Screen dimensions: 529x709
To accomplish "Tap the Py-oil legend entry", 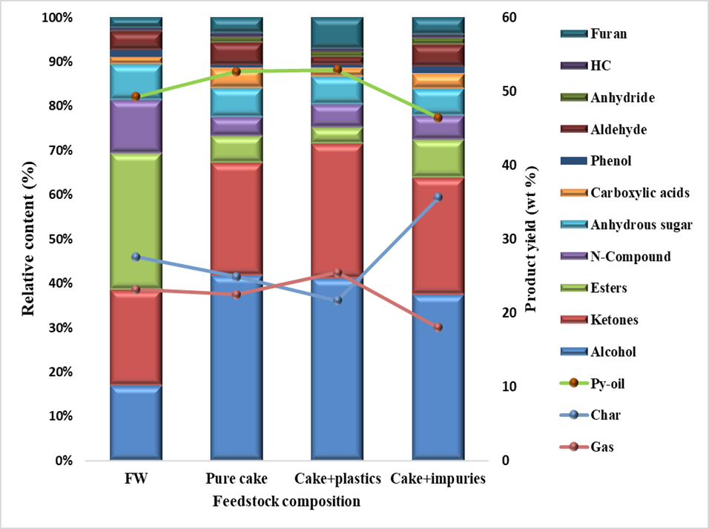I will tap(608, 384).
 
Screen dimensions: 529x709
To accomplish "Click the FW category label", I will tap(136, 479).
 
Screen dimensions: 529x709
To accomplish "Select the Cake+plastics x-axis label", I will tap(337, 479).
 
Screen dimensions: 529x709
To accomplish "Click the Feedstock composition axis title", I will tap(287, 502).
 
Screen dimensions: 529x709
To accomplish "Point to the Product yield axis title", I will tap(530, 239).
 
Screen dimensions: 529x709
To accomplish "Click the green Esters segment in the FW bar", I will tap(136, 221).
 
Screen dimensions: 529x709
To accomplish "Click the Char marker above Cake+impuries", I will tap(438, 197).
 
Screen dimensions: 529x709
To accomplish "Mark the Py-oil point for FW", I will tap(136, 96).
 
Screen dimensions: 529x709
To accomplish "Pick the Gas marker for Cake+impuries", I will tap(438, 327).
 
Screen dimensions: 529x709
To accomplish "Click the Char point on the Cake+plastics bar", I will tap(337, 300).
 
